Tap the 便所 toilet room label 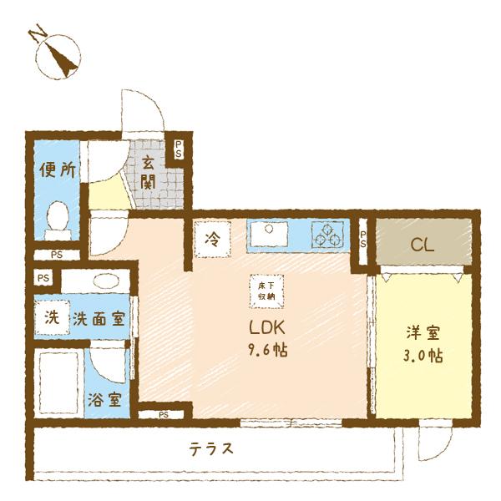tap(58, 170)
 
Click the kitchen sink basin tap(267, 235)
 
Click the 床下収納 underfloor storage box tap(266, 291)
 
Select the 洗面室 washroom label tap(98, 318)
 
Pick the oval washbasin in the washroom tap(104, 281)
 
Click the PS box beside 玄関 tap(178, 149)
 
